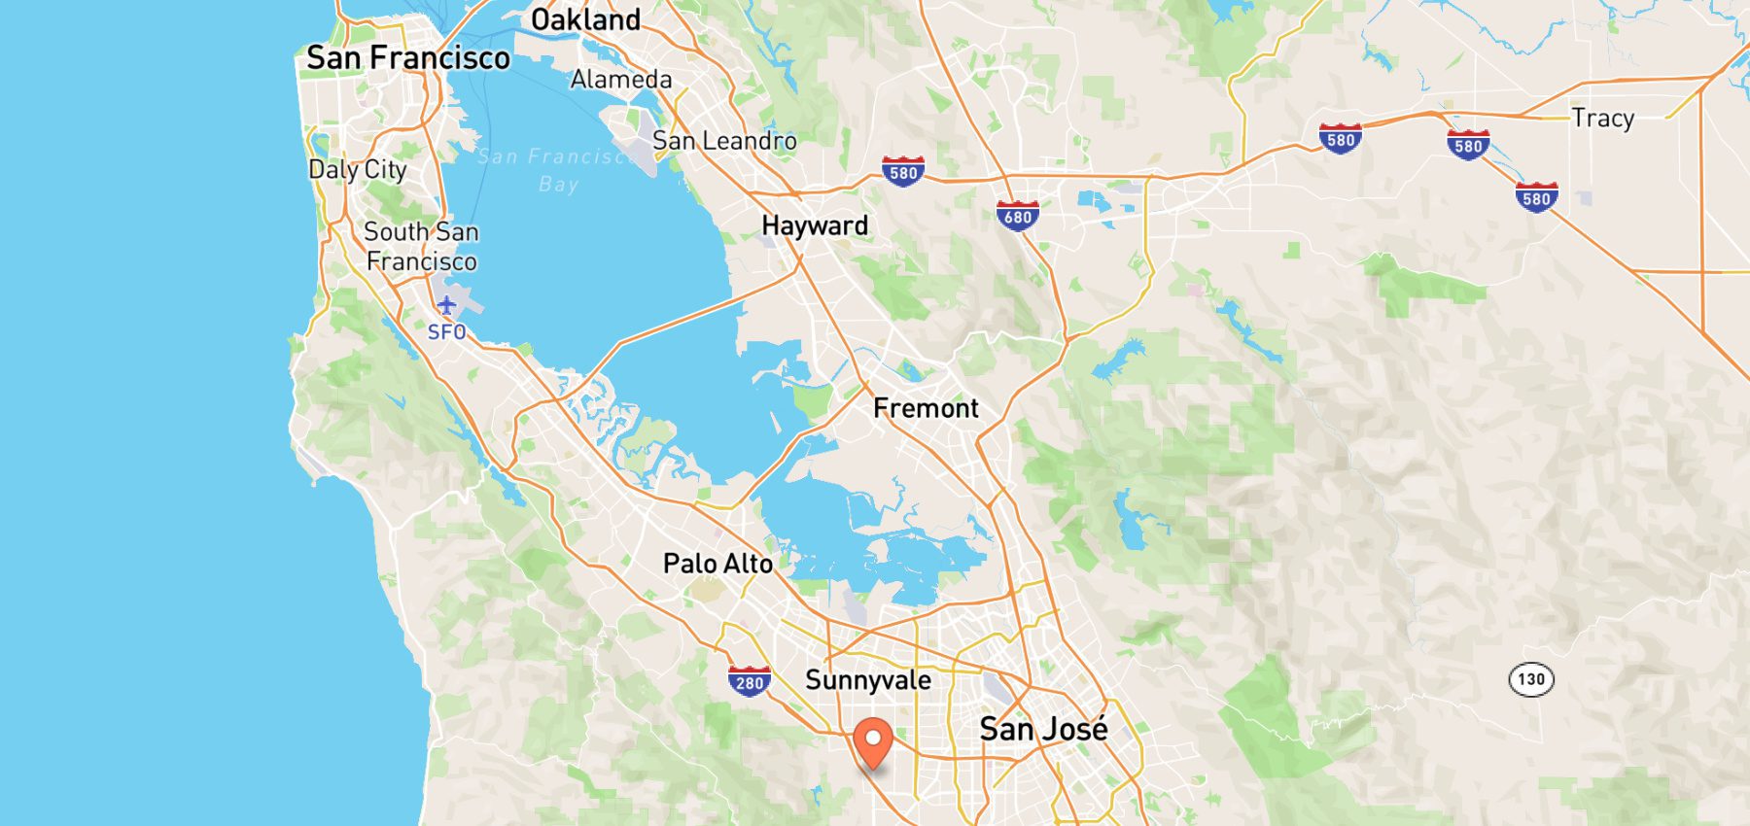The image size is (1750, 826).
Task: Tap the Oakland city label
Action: coord(585,19)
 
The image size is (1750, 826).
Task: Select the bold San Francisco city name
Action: coord(408,58)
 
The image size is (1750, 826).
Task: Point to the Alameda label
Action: coord(621,80)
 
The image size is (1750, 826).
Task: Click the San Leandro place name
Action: coord(724,141)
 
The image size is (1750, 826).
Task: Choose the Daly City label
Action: coord(358,170)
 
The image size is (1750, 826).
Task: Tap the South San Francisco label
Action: coord(421,247)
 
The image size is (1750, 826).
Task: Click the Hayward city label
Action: coord(815,225)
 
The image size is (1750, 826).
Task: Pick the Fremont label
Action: coord(926,408)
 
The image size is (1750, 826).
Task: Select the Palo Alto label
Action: coord(717,564)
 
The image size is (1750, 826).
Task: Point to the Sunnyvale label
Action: coord(868,680)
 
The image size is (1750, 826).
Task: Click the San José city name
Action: coord(1043,729)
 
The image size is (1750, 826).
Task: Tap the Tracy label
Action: coord(1603,119)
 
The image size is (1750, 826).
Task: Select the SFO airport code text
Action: coord(446,332)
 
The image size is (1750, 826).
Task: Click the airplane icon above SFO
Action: coord(446,306)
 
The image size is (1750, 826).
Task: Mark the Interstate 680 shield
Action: coord(1017,216)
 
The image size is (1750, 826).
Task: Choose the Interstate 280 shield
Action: coord(750,681)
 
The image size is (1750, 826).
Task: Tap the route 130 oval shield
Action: coord(1531,679)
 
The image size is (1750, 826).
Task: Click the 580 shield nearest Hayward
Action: coord(903,172)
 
